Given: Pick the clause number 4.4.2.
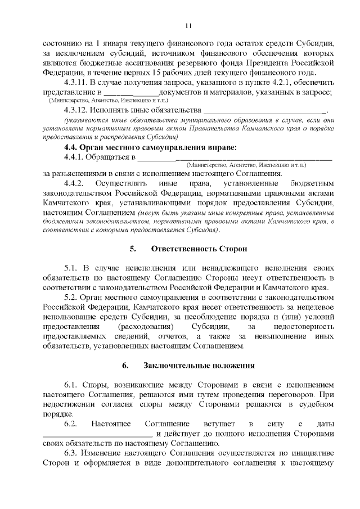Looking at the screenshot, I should tap(74, 183).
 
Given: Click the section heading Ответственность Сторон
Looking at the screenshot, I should tap(192, 248).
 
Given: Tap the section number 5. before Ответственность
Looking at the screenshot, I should tap(133, 248).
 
